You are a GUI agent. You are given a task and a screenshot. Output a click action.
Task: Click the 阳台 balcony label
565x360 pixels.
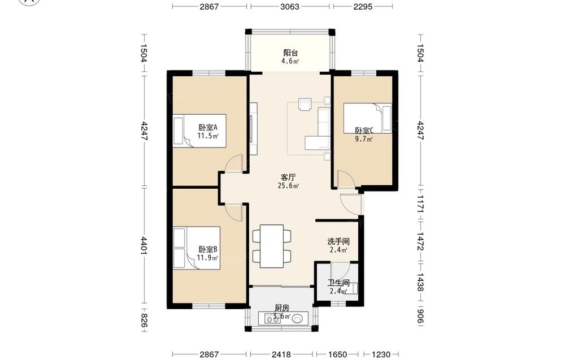click(x=290, y=53)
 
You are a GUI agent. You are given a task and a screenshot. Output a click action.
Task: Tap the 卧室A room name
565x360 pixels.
click(x=208, y=128)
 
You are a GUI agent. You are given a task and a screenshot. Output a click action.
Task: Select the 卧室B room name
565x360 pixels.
click(x=208, y=249)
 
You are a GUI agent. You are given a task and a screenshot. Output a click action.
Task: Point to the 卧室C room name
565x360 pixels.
click(x=364, y=131)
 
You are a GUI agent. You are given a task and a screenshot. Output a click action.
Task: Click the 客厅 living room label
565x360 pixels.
click(x=288, y=177)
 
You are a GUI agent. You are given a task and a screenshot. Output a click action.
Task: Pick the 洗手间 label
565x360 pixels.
click(x=338, y=241)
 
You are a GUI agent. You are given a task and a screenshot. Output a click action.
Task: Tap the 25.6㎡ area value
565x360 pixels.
click(x=288, y=186)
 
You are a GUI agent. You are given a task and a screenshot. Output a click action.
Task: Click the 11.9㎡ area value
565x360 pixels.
click(x=207, y=258)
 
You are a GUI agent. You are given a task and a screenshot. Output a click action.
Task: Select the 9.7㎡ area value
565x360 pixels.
click(x=364, y=140)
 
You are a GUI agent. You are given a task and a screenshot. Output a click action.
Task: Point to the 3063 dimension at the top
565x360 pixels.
click(x=290, y=6)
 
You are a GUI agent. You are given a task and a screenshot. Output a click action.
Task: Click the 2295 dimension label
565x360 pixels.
click(x=363, y=6)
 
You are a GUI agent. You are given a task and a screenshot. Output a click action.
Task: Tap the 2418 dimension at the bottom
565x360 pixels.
click(x=281, y=354)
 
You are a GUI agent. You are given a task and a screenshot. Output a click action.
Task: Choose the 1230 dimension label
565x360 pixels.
click(x=380, y=354)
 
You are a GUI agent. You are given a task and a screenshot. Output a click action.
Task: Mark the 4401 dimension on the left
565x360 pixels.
click(x=144, y=246)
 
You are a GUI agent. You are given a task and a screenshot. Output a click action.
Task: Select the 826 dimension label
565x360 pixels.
click(x=144, y=320)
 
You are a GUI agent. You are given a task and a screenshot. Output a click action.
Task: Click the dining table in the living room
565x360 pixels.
click(x=272, y=246)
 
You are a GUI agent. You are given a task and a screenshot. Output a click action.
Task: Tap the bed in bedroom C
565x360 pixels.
click(x=368, y=118)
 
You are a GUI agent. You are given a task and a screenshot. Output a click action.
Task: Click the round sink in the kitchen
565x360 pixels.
click(x=297, y=319)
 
